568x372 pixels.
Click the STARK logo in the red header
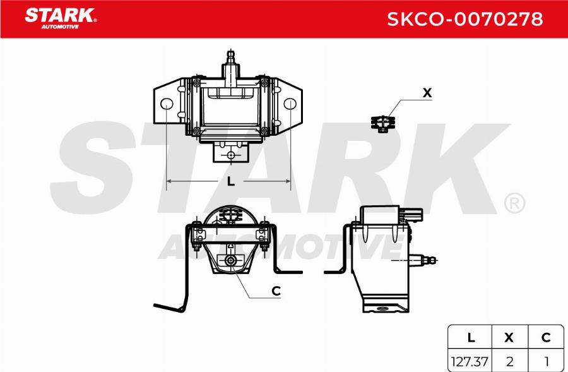coord(60,17)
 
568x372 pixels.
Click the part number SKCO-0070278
coord(464,19)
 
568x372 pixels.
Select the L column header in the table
coord(471,338)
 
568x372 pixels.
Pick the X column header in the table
coord(509,338)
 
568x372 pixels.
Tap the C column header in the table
coord(546,338)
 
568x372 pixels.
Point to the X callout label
coord(427,93)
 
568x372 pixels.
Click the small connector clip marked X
coord(381,123)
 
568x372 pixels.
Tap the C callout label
coord(276,291)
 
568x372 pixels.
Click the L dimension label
coord(230,182)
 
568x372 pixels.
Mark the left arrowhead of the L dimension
coord(169,183)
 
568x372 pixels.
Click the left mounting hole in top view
coord(167,105)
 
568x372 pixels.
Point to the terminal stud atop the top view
coord(230,59)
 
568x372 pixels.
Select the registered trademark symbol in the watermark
coord(514,203)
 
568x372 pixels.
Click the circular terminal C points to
coord(231,261)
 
